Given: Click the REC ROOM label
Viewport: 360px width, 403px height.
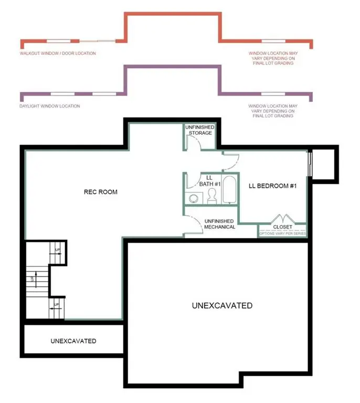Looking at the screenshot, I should tap(100, 192).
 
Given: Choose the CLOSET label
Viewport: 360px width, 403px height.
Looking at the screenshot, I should tap(283, 227).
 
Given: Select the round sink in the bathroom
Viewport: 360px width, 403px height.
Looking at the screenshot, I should tap(193, 199).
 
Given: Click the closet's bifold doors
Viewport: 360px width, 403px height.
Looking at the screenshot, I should tap(283, 218).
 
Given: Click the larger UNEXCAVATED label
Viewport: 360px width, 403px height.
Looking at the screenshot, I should tap(221, 305).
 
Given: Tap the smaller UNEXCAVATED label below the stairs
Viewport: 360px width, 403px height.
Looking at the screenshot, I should tap(73, 341).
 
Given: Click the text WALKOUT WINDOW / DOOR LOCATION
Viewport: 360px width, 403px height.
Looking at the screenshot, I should tap(58, 54).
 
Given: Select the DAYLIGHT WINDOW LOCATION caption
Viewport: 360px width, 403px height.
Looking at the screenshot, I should tap(50, 106).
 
